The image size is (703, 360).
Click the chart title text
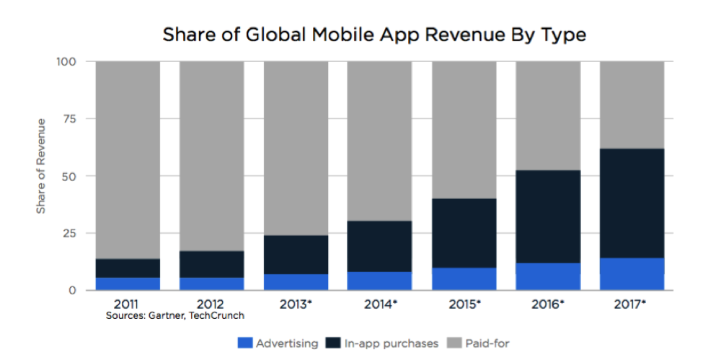tap(374, 34)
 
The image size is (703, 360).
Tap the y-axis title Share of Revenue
tap(41, 165)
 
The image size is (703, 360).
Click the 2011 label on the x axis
tap(128, 304)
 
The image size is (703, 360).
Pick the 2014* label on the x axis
tap(380, 304)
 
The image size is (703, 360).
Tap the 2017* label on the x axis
tap(632, 304)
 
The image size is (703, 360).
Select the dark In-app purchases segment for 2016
tap(548, 216)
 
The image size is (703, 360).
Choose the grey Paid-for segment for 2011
tap(128, 159)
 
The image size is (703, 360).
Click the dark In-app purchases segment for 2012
tap(211, 264)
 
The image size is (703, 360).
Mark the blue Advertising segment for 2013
tap(296, 282)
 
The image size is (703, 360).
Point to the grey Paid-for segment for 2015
tap(464, 130)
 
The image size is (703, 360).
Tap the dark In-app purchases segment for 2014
tap(380, 246)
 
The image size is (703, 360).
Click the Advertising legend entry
tap(278, 343)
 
